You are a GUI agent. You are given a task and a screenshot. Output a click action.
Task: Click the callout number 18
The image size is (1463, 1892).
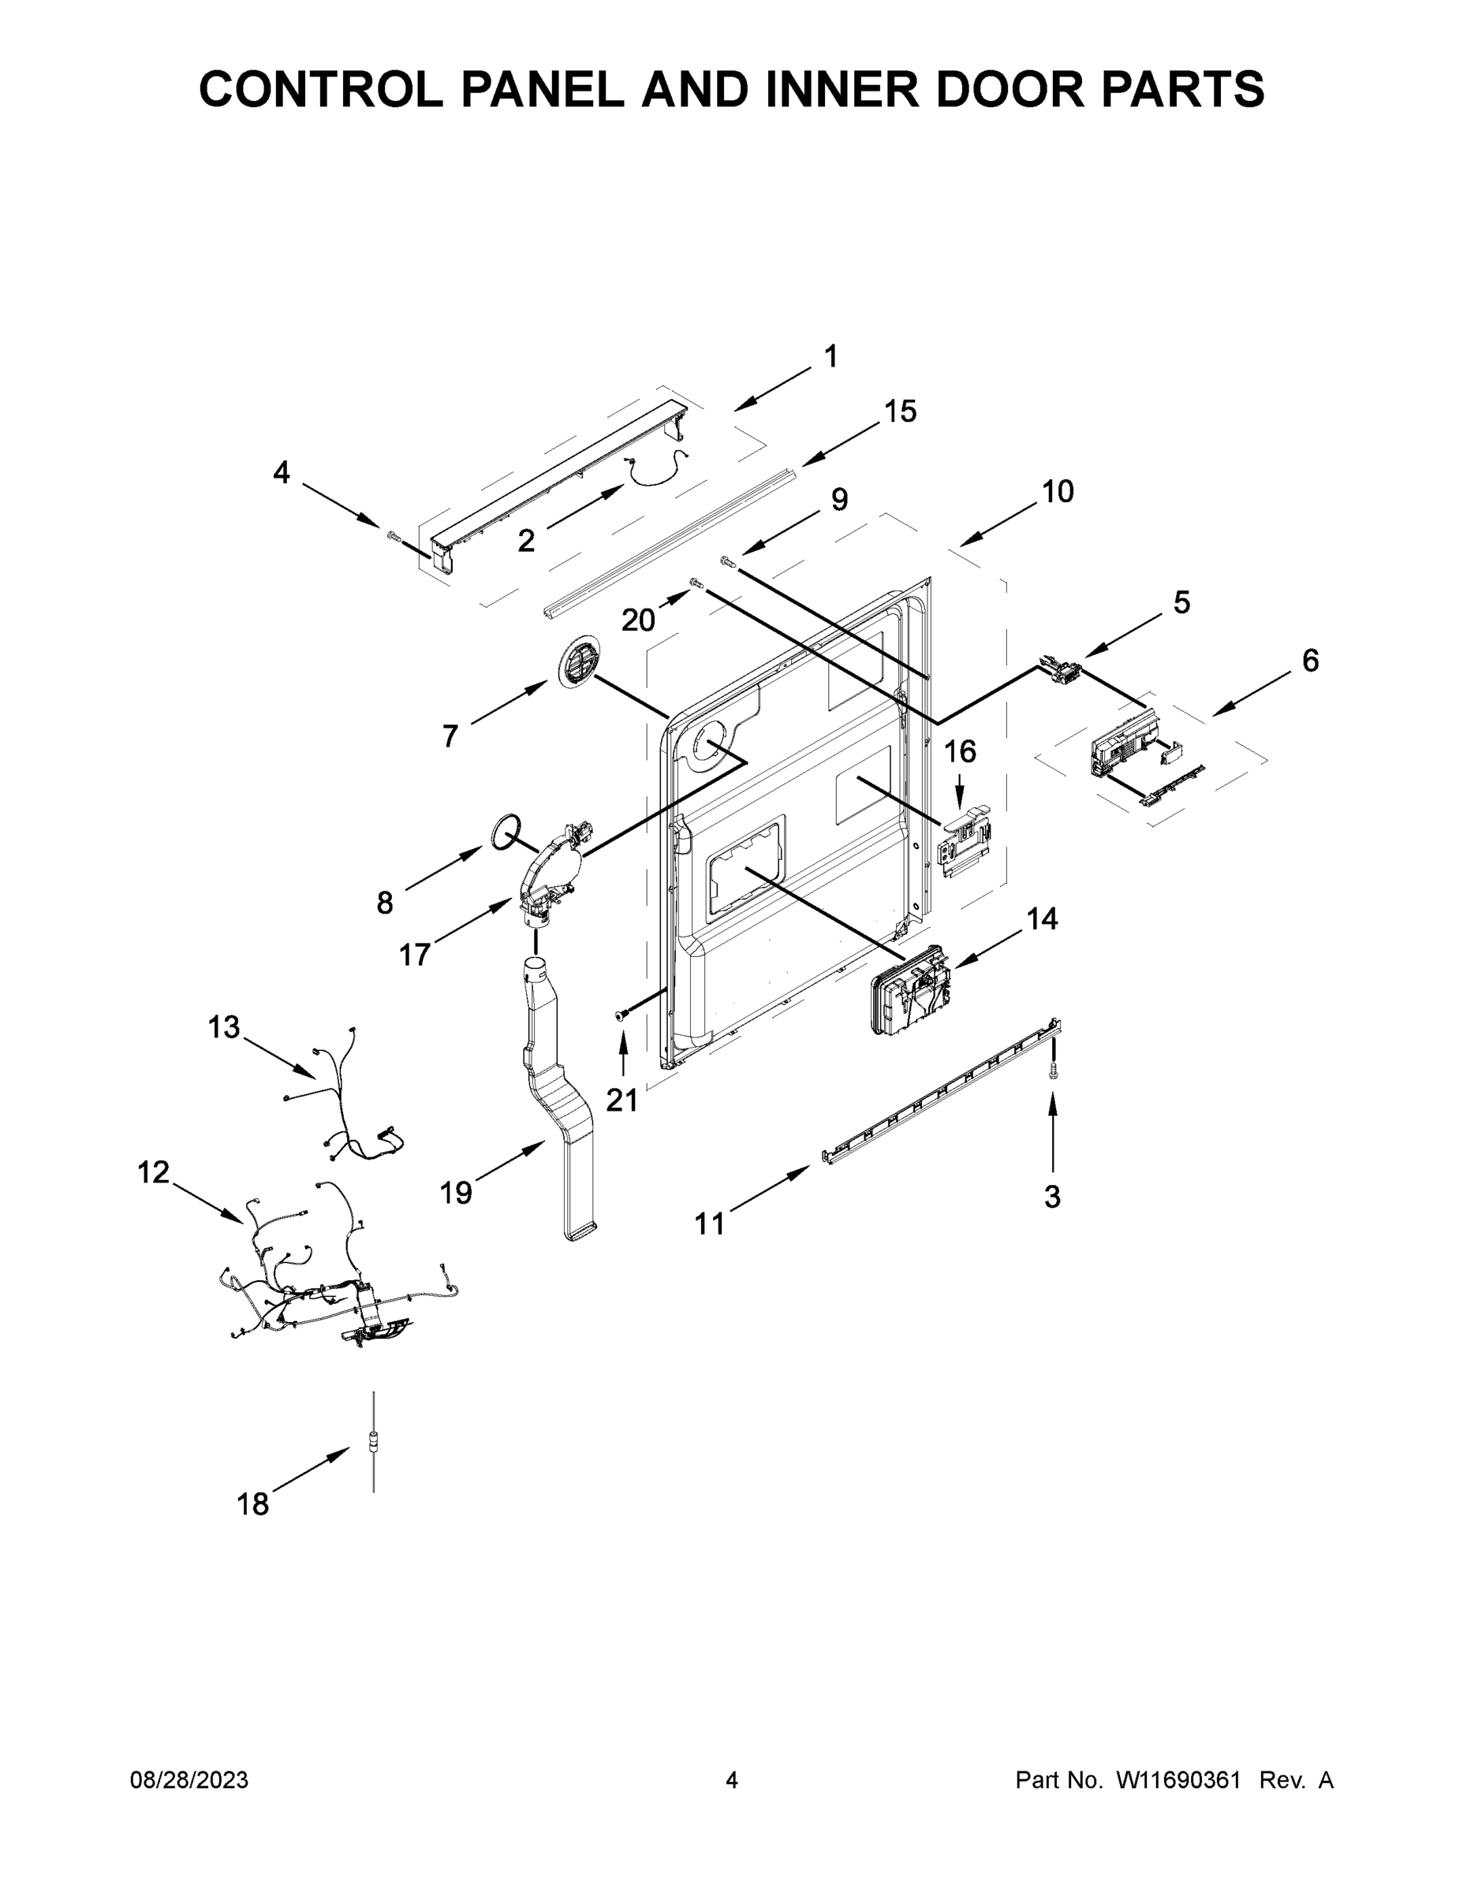pos(253,1504)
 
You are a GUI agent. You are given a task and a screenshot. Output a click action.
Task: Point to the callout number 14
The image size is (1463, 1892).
pos(1042,918)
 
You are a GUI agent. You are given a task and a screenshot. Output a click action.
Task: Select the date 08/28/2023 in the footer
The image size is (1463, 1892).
pos(189,1781)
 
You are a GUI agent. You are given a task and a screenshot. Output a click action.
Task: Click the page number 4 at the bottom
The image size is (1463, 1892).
pos(732,1781)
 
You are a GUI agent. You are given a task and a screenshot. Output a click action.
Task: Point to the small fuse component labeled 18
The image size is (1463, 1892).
pos(374,1443)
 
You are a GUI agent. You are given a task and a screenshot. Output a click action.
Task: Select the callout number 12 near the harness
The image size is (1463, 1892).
pos(154,1173)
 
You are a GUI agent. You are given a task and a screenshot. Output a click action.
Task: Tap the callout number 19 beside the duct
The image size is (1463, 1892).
pos(456,1193)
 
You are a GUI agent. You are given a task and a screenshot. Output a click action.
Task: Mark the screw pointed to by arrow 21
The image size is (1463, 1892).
pos(621,1015)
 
